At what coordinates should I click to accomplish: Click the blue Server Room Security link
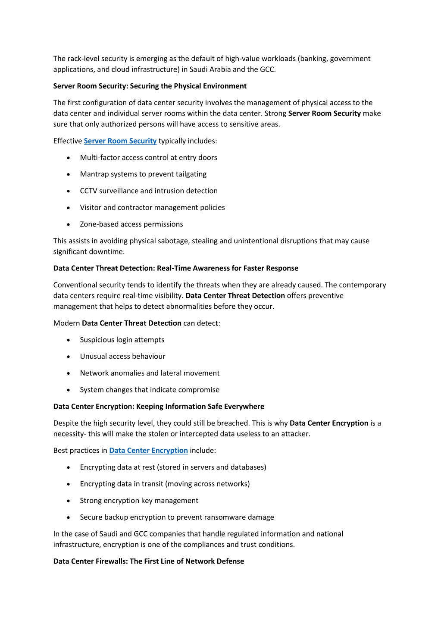(120, 141)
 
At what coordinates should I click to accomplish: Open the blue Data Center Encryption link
(148, 451)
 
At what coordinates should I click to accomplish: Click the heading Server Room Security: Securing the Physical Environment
(150, 86)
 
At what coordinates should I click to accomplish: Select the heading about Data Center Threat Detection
(175, 268)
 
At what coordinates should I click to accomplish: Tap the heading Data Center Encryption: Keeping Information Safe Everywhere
(159, 407)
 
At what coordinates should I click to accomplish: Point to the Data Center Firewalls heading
(148, 561)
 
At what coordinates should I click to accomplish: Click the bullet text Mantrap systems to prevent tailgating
(143, 174)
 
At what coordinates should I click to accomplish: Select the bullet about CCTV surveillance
(149, 191)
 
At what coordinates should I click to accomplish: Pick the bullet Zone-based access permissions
(131, 224)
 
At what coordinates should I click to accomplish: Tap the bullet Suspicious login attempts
(122, 340)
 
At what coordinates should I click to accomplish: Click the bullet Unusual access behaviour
(122, 357)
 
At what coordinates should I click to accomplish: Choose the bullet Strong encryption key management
(139, 501)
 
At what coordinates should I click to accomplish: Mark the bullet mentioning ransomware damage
(177, 517)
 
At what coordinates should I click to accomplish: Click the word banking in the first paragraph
(313, 59)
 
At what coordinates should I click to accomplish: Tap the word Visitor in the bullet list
(91, 208)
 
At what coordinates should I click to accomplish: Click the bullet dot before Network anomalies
(69, 373)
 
